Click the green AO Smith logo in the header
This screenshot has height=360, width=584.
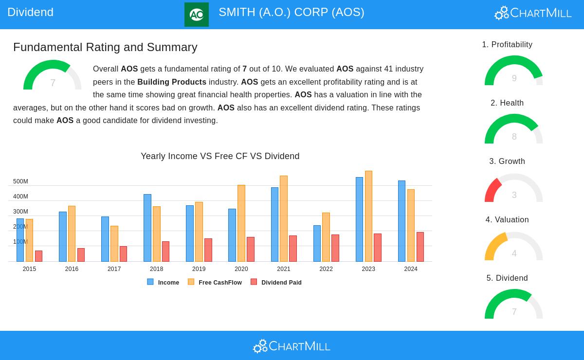click(197, 15)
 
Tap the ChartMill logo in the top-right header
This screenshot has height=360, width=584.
click(533, 13)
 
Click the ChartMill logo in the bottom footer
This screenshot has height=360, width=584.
click(292, 346)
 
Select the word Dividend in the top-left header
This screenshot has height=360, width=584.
click(30, 12)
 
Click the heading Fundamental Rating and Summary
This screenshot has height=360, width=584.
click(105, 47)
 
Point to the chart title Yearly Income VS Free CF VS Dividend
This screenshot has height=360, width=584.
click(220, 156)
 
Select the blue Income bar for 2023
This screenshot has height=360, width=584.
click(359, 219)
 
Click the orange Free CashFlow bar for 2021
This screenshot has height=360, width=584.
click(284, 219)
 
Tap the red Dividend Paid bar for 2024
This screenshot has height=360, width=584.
click(420, 247)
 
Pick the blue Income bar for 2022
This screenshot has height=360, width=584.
click(317, 243)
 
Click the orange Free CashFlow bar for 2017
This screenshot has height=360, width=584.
click(114, 244)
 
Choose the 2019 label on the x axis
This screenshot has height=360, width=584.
click(199, 269)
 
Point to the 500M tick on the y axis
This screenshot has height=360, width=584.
click(20, 181)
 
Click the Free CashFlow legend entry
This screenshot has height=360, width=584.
click(215, 282)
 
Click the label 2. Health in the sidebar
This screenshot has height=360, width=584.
click(507, 103)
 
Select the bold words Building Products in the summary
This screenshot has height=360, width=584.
click(172, 82)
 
